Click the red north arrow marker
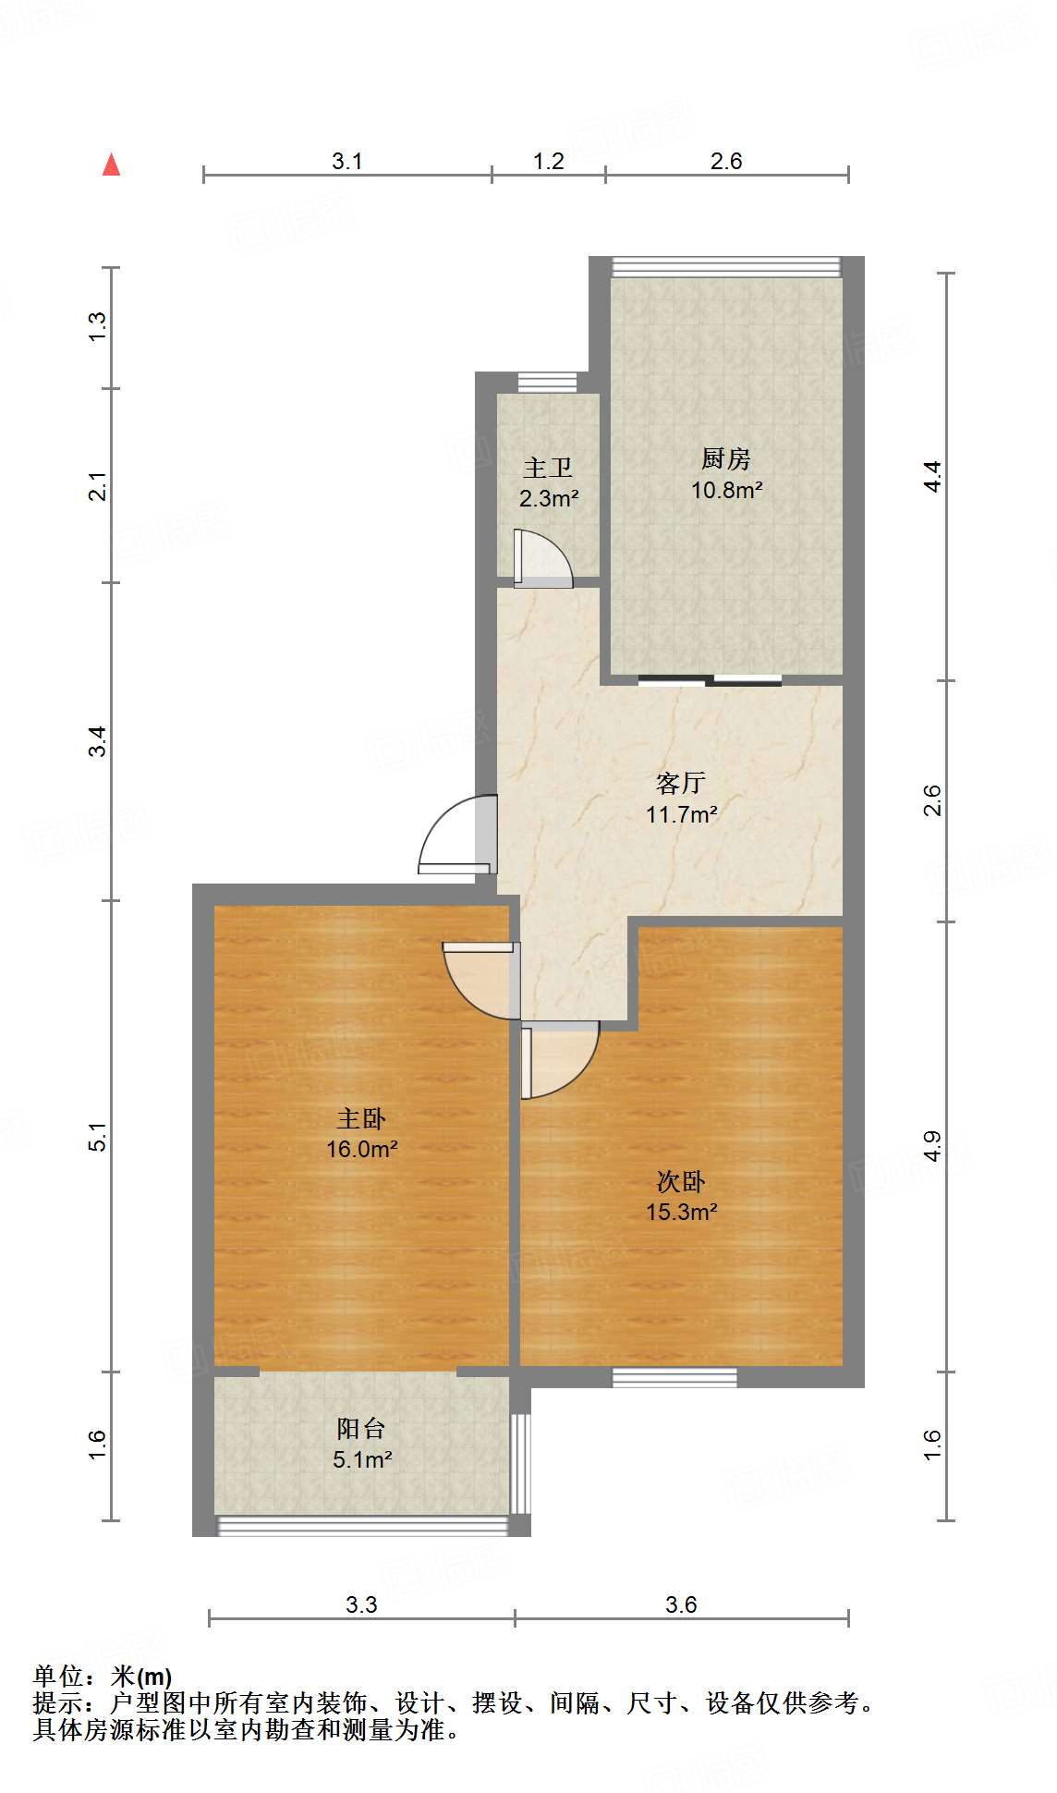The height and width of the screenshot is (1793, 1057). (112, 165)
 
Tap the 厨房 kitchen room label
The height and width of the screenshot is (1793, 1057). (725, 458)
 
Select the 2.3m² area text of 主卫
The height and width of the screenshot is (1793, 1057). (548, 499)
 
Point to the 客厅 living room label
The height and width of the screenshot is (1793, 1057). (681, 783)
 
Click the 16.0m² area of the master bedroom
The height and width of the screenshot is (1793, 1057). (361, 1149)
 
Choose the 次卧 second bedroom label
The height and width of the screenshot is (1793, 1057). (681, 1181)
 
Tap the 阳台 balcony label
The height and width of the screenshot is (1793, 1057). (360, 1428)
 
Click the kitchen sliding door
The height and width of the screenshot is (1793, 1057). (710, 681)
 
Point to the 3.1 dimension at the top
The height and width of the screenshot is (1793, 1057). (346, 161)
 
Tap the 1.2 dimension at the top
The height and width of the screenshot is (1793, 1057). (548, 161)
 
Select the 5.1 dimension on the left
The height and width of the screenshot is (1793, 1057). (98, 1137)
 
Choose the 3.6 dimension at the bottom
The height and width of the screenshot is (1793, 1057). (681, 1604)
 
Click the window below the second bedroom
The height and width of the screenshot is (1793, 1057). (674, 1377)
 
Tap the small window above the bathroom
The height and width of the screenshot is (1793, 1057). (547, 382)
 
